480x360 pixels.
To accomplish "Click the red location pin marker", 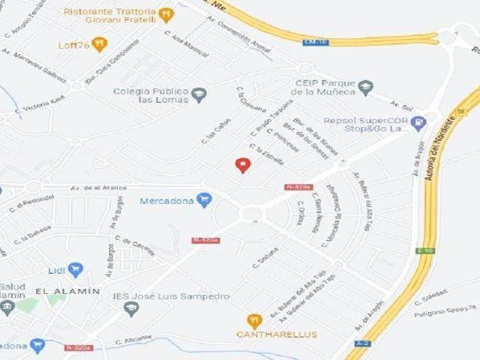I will [x=241, y=165].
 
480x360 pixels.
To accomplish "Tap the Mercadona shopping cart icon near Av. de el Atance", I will [x=204, y=199].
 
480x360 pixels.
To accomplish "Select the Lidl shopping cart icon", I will [x=75, y=270].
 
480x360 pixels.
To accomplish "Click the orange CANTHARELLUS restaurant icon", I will [x=254, y=320].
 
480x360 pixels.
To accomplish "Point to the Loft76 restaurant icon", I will [x=98, y=45].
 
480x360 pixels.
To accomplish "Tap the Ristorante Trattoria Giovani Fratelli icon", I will [x=166, y=13].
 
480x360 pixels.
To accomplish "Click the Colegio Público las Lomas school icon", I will [x=199, y=94].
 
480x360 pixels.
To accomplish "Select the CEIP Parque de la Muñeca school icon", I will [x=365, y=88].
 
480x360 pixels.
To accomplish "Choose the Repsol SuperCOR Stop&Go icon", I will [x=418, y=122].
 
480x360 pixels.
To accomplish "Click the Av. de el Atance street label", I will [x=98, y=188].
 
